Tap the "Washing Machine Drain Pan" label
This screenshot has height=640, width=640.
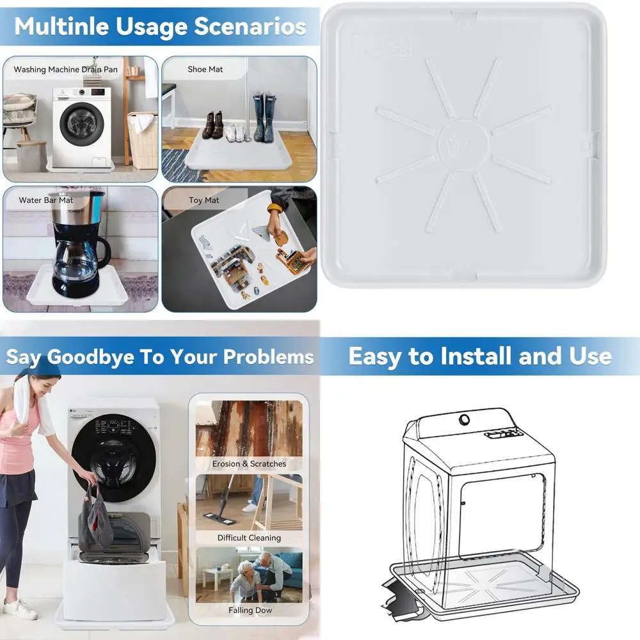56,69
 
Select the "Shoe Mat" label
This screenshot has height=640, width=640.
205,69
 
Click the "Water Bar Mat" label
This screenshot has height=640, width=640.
46,200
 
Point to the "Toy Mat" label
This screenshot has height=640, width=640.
204,200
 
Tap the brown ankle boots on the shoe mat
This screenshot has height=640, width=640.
212,125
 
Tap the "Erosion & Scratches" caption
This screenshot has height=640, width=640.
249,463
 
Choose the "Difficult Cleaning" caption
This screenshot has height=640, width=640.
249,538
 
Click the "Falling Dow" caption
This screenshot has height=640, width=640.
250,610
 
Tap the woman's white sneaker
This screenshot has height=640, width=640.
19,609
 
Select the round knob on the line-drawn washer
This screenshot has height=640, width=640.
464,420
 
